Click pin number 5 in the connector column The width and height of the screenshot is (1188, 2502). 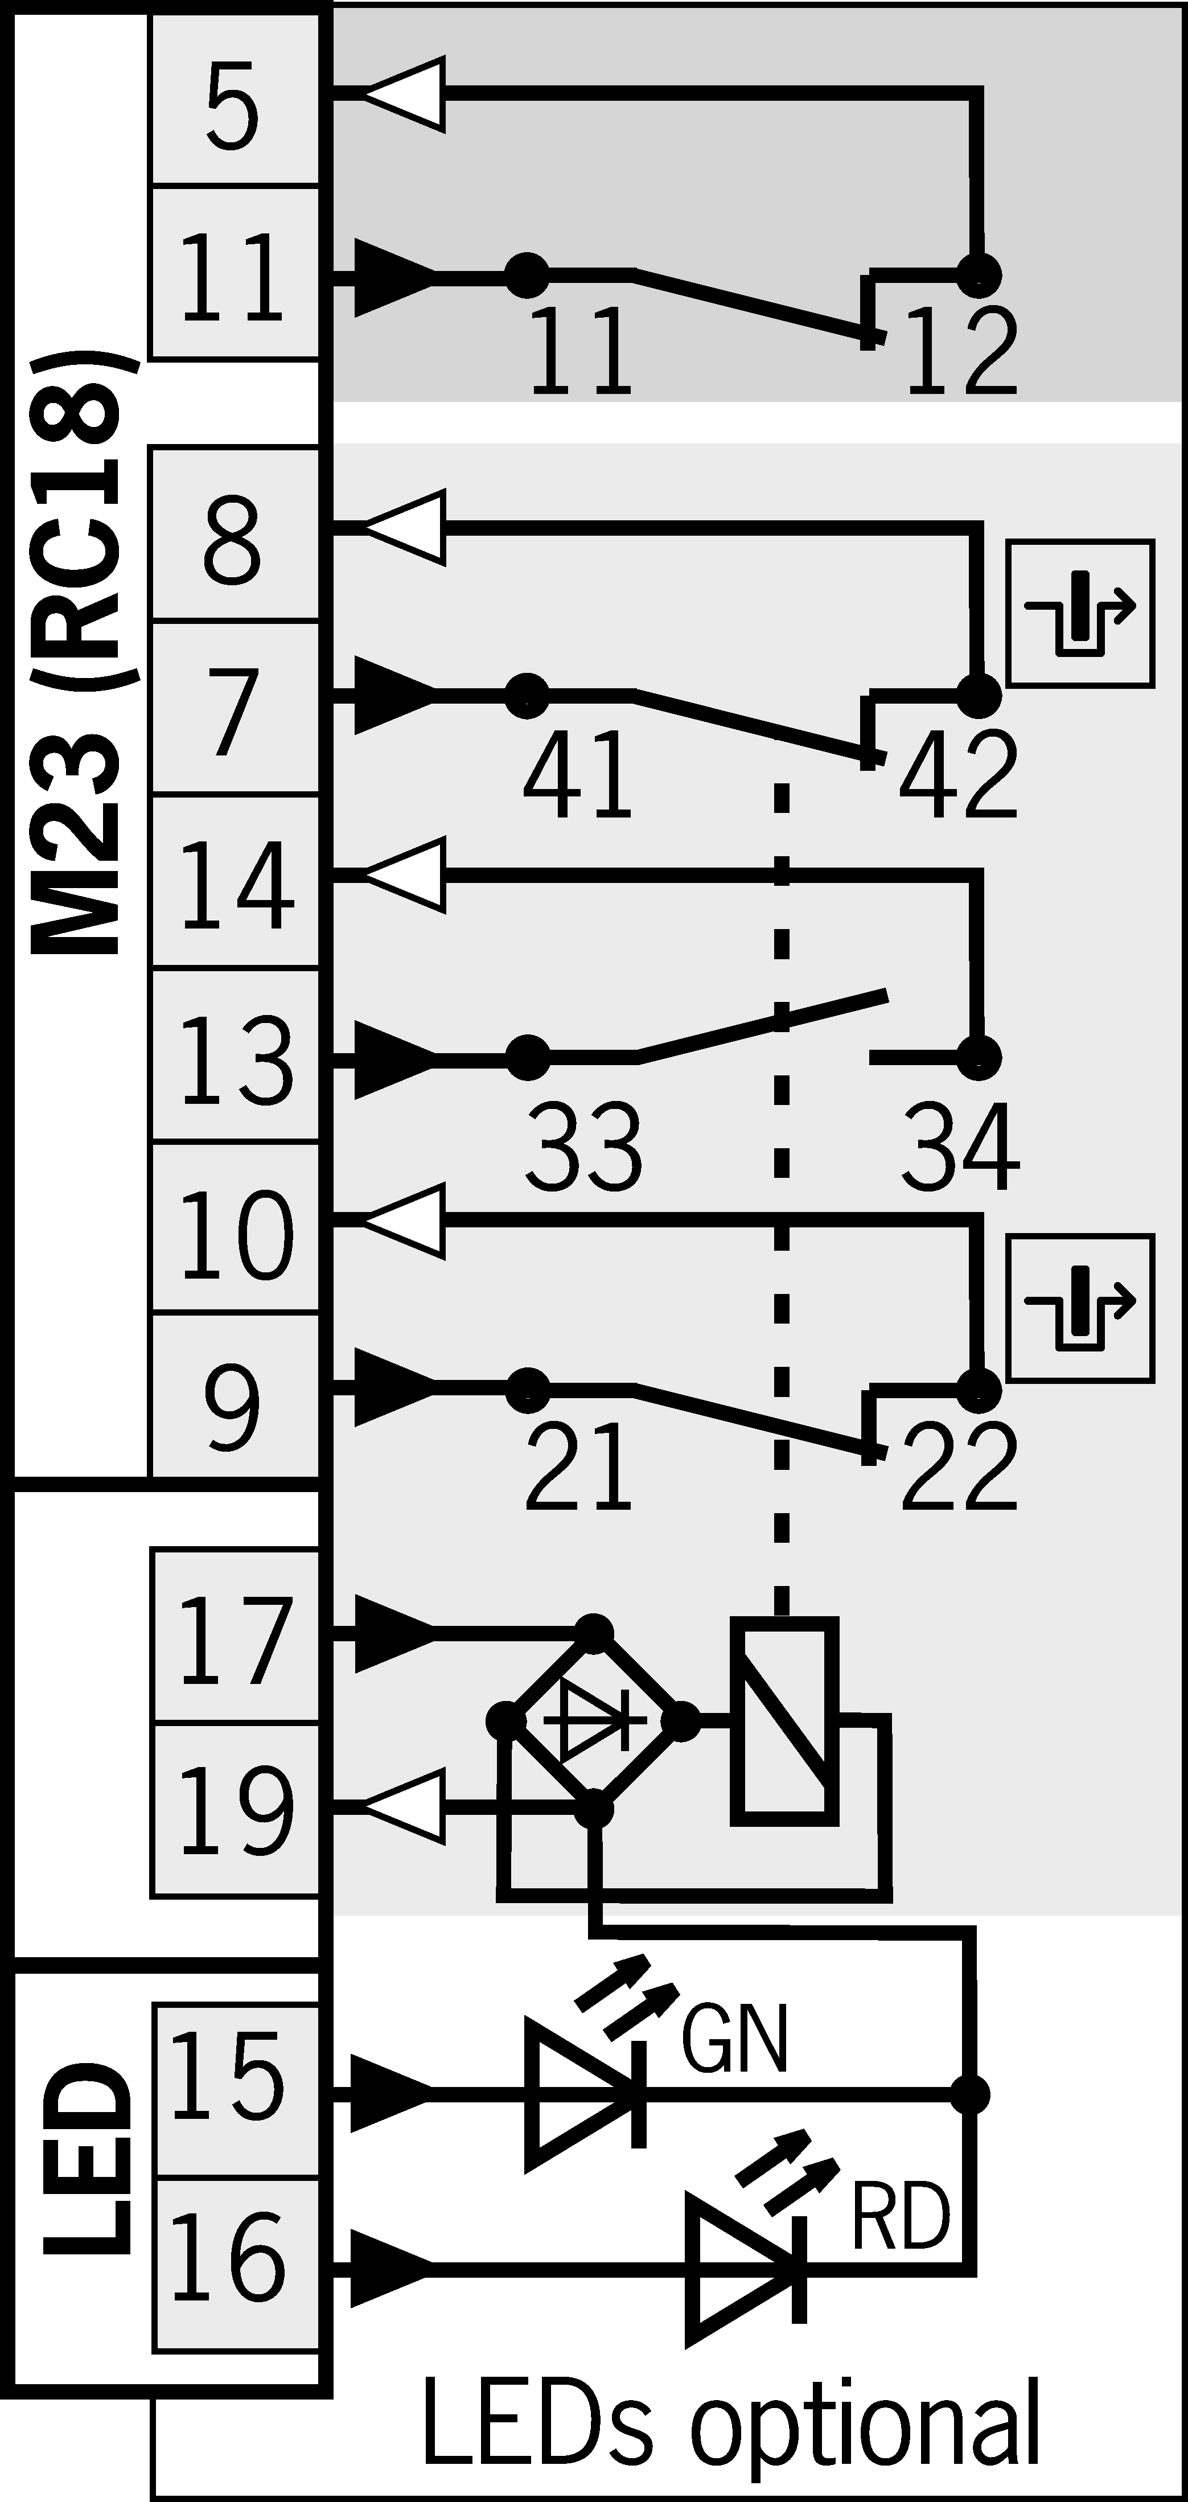pos(233,107)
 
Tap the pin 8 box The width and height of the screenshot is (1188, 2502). pos(233,537)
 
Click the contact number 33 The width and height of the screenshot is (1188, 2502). pos(583,1145)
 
